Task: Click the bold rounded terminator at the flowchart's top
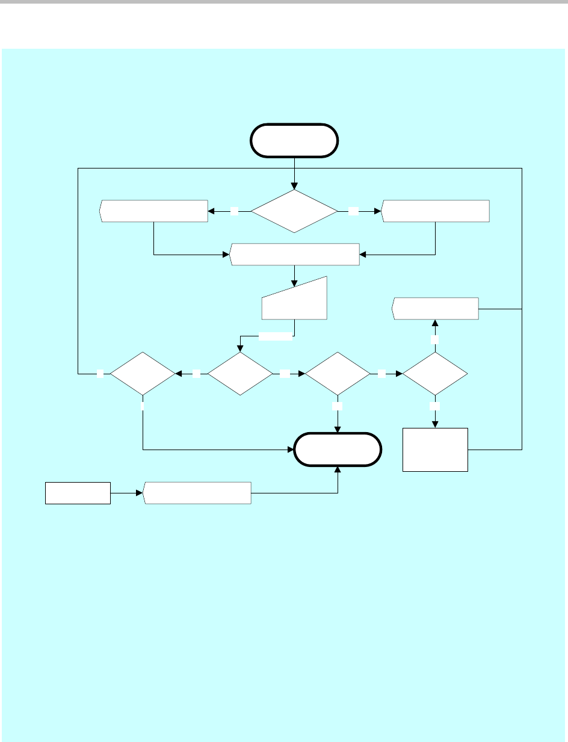pyautogui.click(x=294, y=140)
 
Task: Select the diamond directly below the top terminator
pyautogui.click(x=294, y=211)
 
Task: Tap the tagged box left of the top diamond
pyautogui.click(x=153, y=211)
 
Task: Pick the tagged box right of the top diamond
pyautogui.click(x=435, y=211)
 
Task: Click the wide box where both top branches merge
pyautogui.click(x=294, y=255)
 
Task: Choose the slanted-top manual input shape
pyautogui.click(x=294, y=301)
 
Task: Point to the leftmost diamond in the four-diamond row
pyautogui.click(x=142, y=374)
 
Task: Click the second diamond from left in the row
pyautogui.click(x=240, y=374)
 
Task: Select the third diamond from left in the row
pyautogui.click(x=338, y=374)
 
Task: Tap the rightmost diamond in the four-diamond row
pyautogui.click(x=435, y=374)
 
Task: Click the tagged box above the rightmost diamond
pyautogui.click(x=435, y=309)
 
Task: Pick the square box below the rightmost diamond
pyautogui.click(x=435, y=450)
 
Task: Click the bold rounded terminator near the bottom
pyautogui.click(x=337, y=449)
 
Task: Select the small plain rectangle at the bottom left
pyautogui.click(x=78, y=493)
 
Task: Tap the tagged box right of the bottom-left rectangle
pyautogui.click(x=197, y=493)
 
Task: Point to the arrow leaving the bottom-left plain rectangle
pyautogui.click(x=126, y=493)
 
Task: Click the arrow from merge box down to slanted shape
pyautogui.click(x=294, y=274)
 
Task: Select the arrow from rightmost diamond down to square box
pyautogui.click(x=435, y=415)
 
